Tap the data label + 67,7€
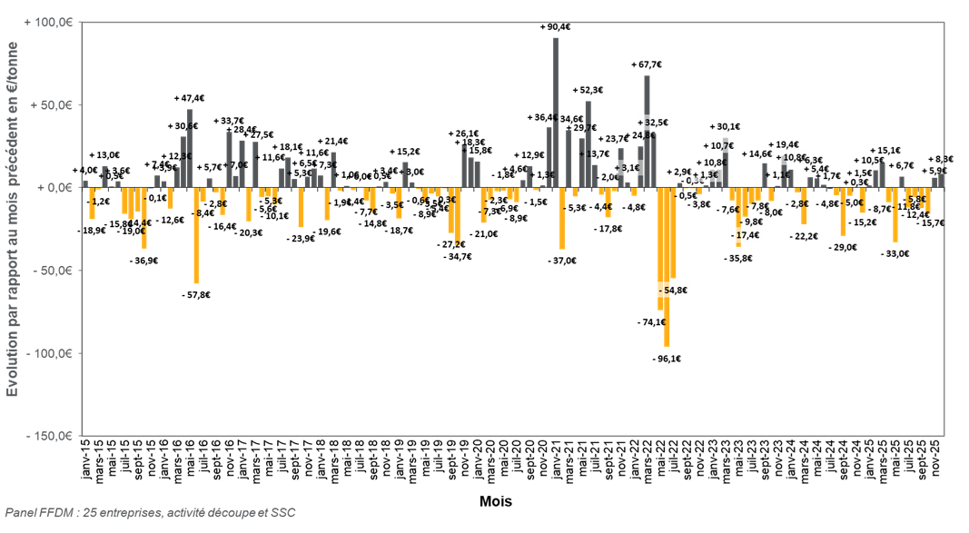click(648, 64)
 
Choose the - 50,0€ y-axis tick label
click(52, 271)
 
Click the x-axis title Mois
click(495, 500)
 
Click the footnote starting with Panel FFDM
click(150, 514)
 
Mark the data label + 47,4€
click(190, 97)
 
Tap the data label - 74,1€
click(654, 322)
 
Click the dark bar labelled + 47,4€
click(190, 149)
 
